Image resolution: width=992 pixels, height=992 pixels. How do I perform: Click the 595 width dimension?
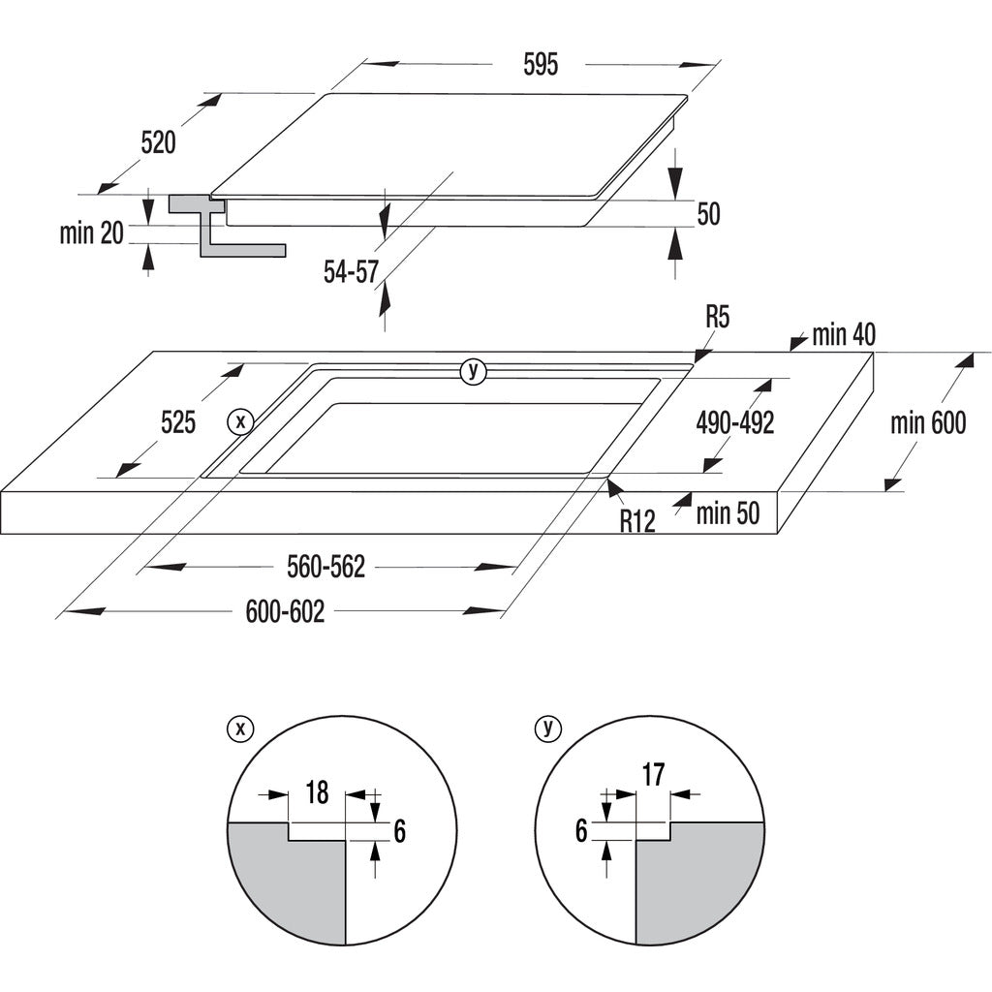[542, 65]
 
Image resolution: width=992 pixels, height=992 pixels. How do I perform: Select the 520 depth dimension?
[158, 143]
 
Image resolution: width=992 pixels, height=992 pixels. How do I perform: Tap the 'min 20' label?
[92, 232]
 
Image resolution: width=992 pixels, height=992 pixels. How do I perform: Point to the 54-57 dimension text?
[351, 273]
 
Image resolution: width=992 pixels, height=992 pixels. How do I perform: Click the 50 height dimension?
[709, 214]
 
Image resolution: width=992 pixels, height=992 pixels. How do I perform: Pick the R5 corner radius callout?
[718, 316]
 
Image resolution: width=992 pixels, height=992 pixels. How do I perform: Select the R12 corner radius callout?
[637, 521]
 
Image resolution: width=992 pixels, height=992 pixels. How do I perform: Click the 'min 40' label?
[844, 335]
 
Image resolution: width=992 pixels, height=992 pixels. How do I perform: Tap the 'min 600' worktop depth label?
[929, 423]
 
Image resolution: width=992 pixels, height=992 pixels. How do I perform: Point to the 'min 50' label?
[728, 513]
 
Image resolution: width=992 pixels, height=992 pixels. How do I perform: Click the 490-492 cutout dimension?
[735, 423]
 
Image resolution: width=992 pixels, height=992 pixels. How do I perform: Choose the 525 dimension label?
[178, 422]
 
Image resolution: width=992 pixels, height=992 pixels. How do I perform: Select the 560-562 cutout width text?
[325, 568]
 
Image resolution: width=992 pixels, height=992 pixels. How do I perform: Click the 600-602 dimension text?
[285, 612]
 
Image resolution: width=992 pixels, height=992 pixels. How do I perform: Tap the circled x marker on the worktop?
[239, 421]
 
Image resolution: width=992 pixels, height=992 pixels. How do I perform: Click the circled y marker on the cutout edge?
[473, 370]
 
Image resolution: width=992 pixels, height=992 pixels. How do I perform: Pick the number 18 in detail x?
[317, 792]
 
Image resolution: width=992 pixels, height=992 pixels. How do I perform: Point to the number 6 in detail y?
[581, 831]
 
